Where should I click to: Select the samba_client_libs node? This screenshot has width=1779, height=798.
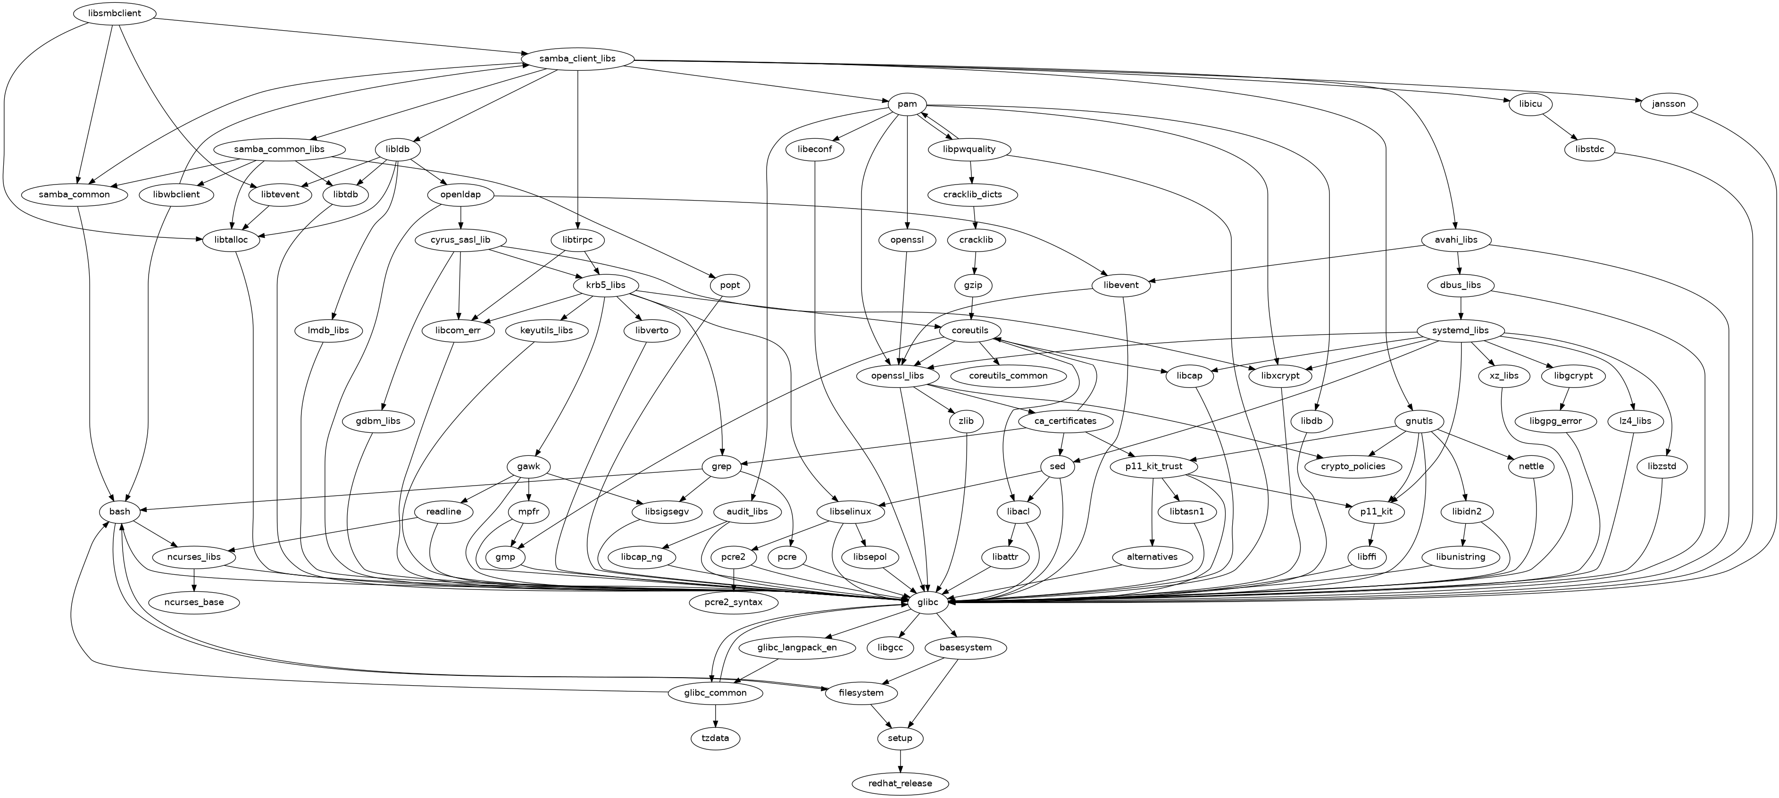tap(577, 59)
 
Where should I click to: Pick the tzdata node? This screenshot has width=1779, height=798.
tap(716, 738)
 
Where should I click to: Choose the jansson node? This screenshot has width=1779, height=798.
tap(1669, 104)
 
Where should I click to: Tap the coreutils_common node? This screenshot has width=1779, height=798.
tap(1008, 376)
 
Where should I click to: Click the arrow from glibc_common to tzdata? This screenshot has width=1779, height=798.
tap(716, 715)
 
